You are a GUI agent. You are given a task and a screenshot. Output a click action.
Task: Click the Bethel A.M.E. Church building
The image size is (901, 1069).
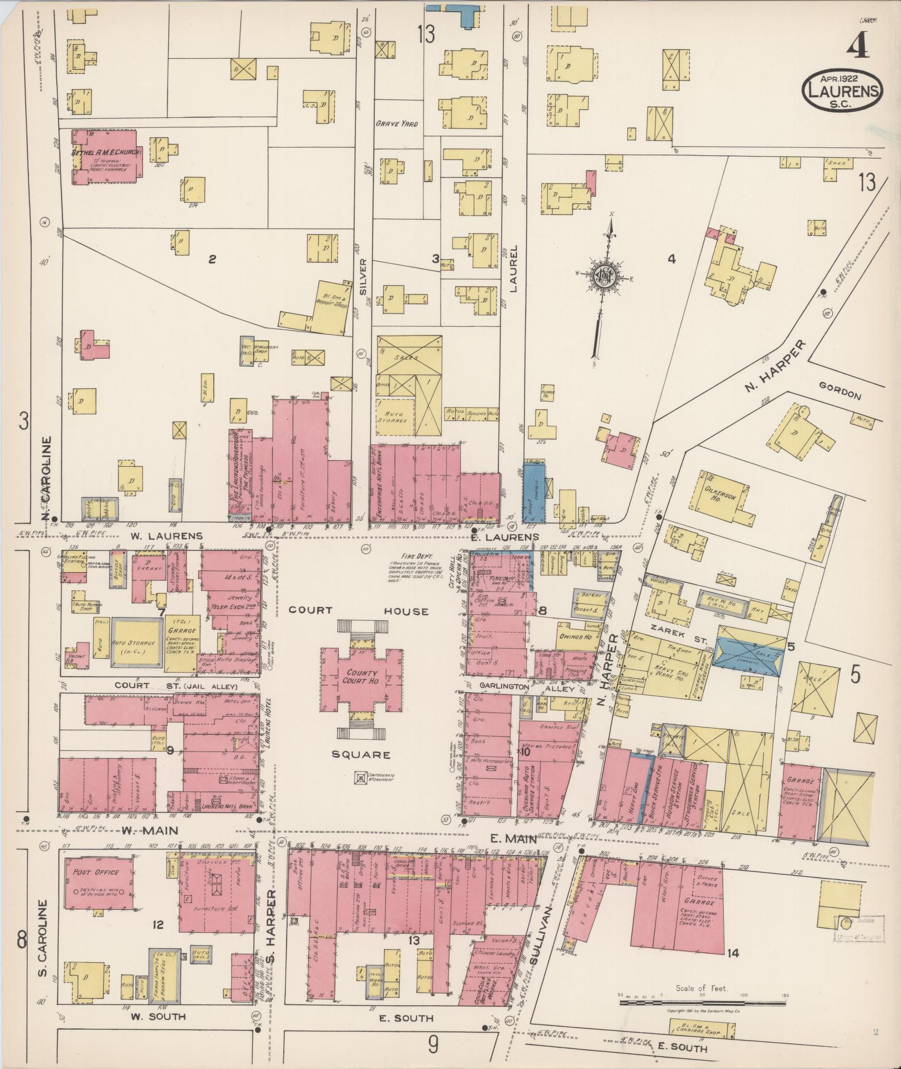point(106,156)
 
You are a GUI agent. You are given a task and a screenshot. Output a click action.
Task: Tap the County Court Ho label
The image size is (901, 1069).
point(361,677)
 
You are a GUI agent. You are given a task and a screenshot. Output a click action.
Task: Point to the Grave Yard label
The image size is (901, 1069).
point(396,124)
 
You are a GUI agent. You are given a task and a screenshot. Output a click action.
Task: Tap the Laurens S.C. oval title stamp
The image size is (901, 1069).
point(842,91)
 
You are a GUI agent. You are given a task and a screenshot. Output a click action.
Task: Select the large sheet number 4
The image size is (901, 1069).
point(856,47)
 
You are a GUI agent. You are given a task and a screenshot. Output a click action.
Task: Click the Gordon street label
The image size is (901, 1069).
point(841,395)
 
